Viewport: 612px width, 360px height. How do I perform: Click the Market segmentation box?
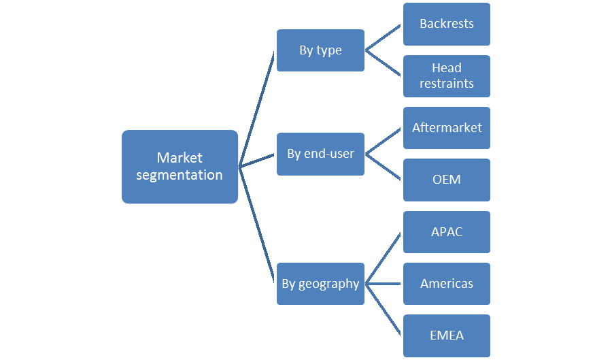(x=180, y=166)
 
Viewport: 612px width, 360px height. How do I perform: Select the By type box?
(x=320, y=50)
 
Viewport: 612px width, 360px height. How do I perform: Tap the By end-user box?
(x=320, y=154)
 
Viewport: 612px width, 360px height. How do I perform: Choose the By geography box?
(x=320, y=283)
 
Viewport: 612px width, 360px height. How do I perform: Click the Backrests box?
(x=447, y=24)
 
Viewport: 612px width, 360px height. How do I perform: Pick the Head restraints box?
(x=447, y=76)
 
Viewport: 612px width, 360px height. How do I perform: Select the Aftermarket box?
(x=447, y=127)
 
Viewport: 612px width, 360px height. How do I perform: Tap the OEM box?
(x=447, y=180)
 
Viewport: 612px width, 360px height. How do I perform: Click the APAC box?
(x=447, y=231)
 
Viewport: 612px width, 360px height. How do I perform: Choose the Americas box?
(x=447, y=283)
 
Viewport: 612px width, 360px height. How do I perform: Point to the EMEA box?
(x=447, y=335)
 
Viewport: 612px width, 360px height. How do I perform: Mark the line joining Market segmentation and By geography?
(x=257, y=225)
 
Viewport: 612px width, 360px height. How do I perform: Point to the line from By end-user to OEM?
(x=384, y=167)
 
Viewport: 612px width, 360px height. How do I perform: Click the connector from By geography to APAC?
(x=384, y=257)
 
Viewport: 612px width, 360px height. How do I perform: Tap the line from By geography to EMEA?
(x=384, y=309)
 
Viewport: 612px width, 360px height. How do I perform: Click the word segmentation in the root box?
(x=180, y=175)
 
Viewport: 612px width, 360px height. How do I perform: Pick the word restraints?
(x=447, y=84)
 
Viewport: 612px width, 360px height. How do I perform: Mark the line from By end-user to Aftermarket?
(x=384, y=141)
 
